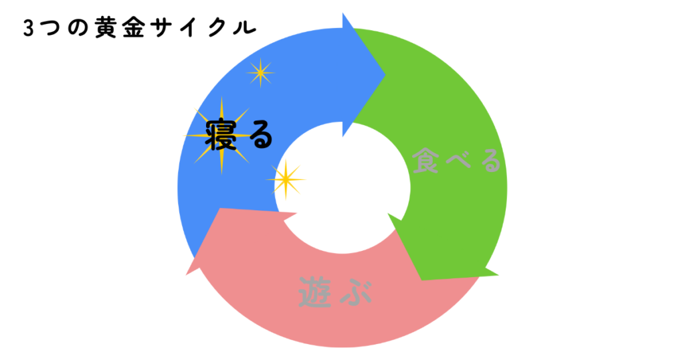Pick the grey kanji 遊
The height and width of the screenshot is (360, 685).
[314, 294]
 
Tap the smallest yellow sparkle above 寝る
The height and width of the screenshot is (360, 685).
[260, 73]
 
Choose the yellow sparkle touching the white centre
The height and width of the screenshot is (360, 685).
[286, 179]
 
